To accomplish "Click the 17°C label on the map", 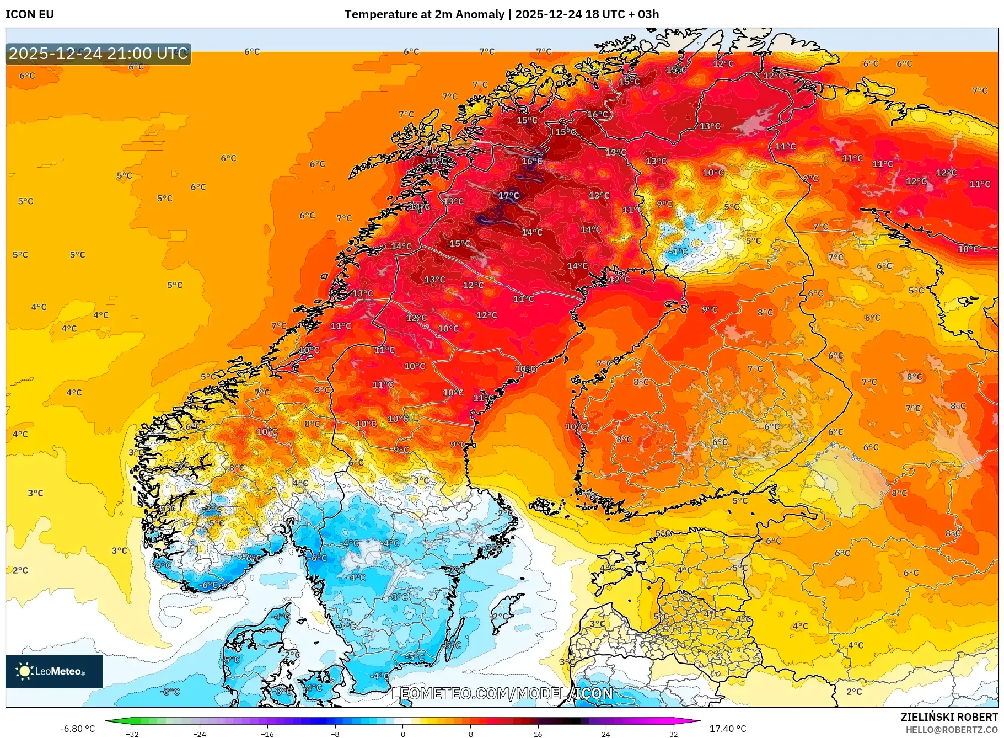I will click(508, 195).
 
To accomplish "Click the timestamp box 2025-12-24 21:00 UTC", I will click(98, 54).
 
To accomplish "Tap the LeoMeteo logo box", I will click(54, 671).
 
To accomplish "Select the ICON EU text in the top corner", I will click(30, 14).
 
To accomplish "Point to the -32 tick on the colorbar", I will click(132, 734).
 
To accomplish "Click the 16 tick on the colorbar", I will click(538, 734).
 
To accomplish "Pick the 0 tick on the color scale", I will click(402, 734).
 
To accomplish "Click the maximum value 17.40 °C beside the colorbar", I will click(727, 729).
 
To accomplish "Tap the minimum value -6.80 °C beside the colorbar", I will click(77, 729).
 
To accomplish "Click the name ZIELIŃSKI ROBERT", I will click(949, 717).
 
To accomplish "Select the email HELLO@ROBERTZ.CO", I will click(952, 730).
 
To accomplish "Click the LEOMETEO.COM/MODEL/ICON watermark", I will click(502, 693).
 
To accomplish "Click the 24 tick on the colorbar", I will click(605, 734).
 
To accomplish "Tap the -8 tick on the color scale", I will click(335, 734).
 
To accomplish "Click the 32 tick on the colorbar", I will click(673, 734).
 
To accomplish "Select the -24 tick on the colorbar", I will click(200, 734).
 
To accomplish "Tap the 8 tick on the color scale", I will click(470, 734).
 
